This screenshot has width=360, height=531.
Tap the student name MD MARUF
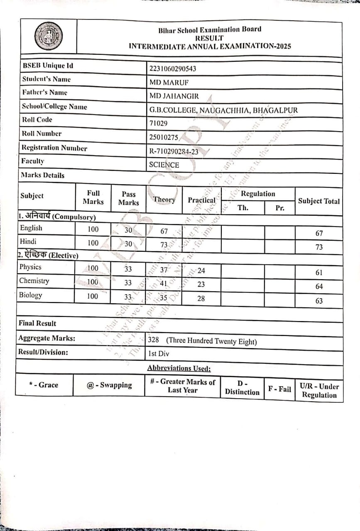pyautogui.click(x=169, y=82)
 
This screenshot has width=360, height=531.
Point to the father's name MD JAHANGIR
pyautogui.click(x=174, y=96)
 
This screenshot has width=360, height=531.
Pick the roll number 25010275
pyautogui.click(x=163, y=137)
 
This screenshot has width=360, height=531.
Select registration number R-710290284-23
pyautogui.click(x=174, y=152)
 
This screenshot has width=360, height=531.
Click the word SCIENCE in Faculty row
pyautogui.click(x=164, y=165)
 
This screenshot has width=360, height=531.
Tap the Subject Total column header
pyautogui.click(x=318, y=201)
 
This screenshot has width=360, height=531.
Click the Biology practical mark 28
pyautogui.click(x=201, y=298)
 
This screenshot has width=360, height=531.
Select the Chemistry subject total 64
pyautogui.click(x=319, y=286)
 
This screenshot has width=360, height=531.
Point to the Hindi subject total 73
pyautogui.click(x=319, y=247)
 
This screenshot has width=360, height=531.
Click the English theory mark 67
pyautogui.click(x=164, y=231)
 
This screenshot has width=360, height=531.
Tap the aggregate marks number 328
pyautogui.click(x=153, y=340)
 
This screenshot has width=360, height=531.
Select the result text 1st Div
pyautogui.click(x=158, y=354)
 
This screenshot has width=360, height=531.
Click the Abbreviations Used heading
pyautogui.click(x=179, y=368)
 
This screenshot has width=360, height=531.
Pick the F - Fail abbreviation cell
pyautogui.click(x=279, y=389)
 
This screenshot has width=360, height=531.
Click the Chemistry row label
pyautogui.click(x=34, y=281)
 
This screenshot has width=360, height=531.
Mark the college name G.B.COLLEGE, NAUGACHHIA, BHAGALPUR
pyautogui.click(x=223, y=110)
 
